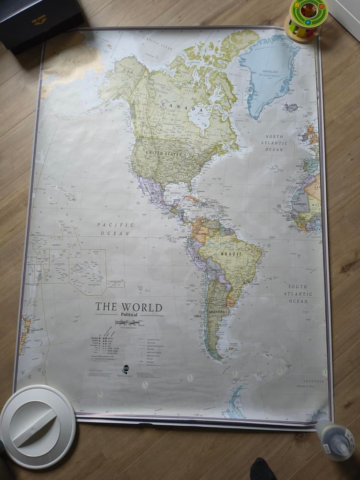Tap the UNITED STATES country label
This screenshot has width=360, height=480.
click(x=164, y=153)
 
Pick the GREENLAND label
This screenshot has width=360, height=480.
click(x=270, y=72)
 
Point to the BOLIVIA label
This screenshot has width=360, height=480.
click(x=216, y=270)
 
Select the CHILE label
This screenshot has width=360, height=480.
click(x=198, y=316)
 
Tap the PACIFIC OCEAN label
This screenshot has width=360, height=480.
click(x=116, y=229)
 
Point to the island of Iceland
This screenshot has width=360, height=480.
click(x=291, y=107)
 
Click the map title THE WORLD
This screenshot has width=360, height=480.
click(x=129, y=307)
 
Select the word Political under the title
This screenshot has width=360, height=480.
click(x=129, y=315)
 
